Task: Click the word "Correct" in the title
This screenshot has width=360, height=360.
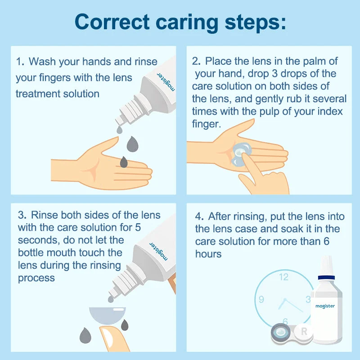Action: [x=112, y=22]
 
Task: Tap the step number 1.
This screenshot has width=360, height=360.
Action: [x=19, y=62]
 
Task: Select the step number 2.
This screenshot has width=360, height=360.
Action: [x=196, y=61]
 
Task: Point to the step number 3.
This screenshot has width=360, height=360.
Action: [x=22, y=215]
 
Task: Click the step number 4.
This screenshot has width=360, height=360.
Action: [x=199, y=216]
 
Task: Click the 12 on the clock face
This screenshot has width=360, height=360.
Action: [x=284, y=277]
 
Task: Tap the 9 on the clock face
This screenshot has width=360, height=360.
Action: [x=261, y=299]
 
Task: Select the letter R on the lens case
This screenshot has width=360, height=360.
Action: [x=304, y=331]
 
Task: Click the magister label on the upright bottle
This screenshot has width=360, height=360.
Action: [x=325, y=306]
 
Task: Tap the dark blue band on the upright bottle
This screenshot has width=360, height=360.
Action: [x=327, y=278]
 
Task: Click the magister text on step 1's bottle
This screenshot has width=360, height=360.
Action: [x=166, y=82]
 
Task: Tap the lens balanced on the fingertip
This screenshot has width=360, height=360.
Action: [x=108, y=315]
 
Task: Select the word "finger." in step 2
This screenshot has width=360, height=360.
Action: [x=207, y=124]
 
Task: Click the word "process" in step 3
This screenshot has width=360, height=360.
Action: [x=36, y=278]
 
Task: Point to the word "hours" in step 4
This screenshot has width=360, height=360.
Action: [x=208, y=254]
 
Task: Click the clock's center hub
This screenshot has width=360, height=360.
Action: [x=285, y=300]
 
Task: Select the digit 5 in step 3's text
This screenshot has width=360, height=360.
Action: [x=138, y=228]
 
